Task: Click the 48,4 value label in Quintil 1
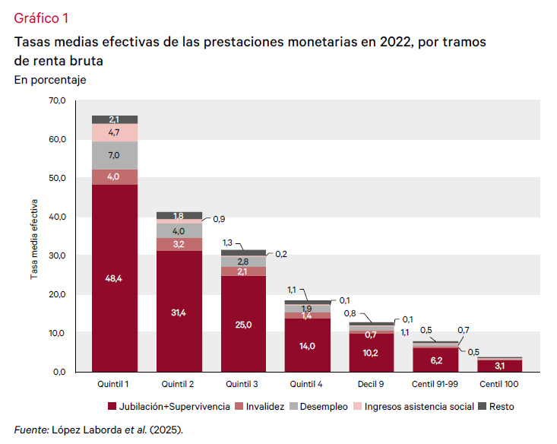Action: tap(115, 278)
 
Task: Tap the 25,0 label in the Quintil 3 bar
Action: tap(244, 324)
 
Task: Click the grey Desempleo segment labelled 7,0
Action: tap(115, 155)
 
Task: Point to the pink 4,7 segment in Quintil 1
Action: tap(115, 132)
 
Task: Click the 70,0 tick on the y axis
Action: tap(57, 100)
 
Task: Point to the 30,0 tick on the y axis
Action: tap(57, 255)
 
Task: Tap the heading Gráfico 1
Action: tap(40, 17)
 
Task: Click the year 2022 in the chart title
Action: tap(376, 41)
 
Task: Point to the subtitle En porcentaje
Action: tap(50, 79)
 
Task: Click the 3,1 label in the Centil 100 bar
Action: tap(500, 366)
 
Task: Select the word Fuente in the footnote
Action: tap(31, 429)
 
